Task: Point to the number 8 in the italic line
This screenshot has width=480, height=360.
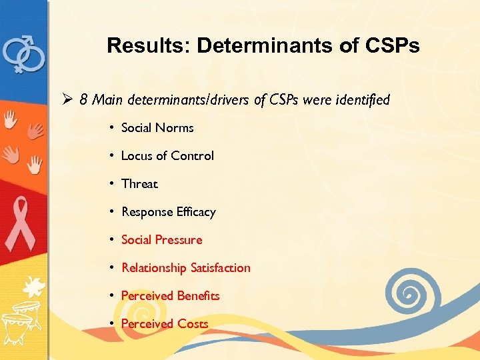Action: click(83, 100)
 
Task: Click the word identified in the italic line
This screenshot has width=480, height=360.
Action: click(363, 100)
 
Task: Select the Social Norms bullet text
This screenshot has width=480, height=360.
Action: click(157, 128)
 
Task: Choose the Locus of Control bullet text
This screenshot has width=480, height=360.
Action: click(167, 156)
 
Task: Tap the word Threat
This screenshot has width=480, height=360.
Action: click(139, 184)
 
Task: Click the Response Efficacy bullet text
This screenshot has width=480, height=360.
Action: click(168, 212)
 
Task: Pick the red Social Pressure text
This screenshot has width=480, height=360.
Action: click(161, 240)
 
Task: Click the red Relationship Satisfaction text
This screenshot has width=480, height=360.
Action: click(185, 268)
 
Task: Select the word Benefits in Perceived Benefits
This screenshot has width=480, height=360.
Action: click(198, 296)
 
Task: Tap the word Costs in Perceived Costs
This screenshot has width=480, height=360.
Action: click(193, 324)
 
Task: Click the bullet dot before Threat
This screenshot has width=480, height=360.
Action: click(113, 184)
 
